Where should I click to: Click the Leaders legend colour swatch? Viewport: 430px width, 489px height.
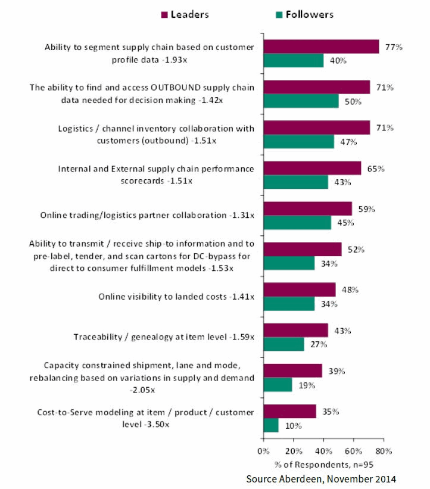(x=164, y=14)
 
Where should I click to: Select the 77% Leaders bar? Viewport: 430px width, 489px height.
(x=322, y=46)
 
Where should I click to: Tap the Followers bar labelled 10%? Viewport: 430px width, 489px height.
(x=271, y=425)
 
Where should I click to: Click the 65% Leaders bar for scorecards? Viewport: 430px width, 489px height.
(x=312, y=168)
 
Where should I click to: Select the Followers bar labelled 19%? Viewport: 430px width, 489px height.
(x=278, y=384)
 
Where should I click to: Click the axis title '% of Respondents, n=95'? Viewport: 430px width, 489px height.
(x=324, y=465)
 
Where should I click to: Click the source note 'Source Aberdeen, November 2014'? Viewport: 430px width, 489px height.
(x=321, y=478)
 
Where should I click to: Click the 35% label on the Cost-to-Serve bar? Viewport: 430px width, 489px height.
(x=326, y=411)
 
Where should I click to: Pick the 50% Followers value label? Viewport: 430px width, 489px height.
(x=349, y=101)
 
